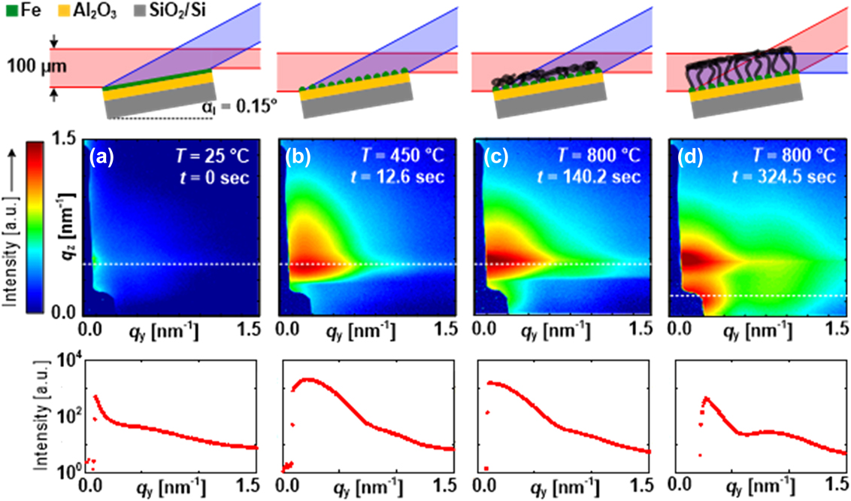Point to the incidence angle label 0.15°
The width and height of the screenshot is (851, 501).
click(246, 105)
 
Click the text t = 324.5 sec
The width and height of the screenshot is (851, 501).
click(796, 178)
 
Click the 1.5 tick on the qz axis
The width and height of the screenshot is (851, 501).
click(66, 140)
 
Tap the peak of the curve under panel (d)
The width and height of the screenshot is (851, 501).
click(706, 398)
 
